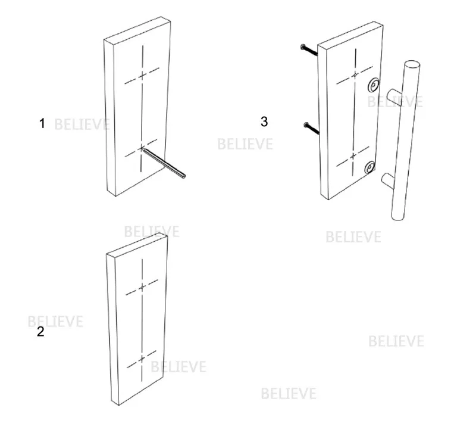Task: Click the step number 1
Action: coord(42,123)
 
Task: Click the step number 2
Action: coord(40,331)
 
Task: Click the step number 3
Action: coord(264,122)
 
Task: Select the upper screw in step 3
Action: coord(309,50)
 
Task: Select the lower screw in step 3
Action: coord(311,128)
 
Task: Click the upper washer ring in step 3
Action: coord(374,85)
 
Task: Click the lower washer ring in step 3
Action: coord(370,167)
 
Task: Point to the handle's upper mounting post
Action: coord(393,96)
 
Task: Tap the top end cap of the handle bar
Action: coord(412,65)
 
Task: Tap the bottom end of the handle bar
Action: coord(397,217)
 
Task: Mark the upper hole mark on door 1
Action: coord(142,75)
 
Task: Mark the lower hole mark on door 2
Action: coord(142,359)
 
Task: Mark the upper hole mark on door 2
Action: coord(142,287)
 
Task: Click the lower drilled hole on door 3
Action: coord(353,156)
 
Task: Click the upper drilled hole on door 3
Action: coord(355,75)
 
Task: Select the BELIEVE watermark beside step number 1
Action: coord(82,124)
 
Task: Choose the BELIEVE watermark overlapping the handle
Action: coord(395,102)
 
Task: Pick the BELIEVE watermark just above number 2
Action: coord(55,322)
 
